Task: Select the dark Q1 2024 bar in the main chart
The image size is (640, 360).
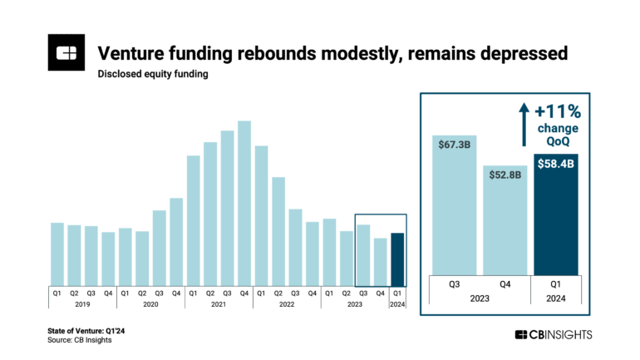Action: [397, 259]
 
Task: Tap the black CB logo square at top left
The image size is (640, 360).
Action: [64, 54]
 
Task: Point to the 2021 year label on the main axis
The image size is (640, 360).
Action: [219, 305]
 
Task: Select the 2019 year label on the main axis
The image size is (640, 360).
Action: [82, 305]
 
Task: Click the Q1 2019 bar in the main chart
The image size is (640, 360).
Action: [57, 254]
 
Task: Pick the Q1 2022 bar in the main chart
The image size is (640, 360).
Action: [261, 215]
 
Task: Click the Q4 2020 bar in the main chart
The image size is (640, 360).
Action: [176, 241]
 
